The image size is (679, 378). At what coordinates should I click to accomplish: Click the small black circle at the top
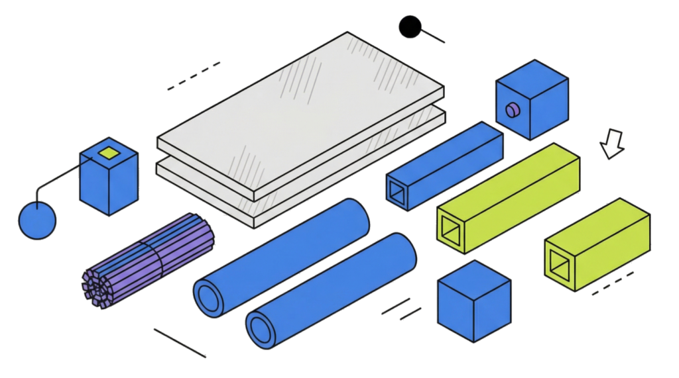click(410, 26)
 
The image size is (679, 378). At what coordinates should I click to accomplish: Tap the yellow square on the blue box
click(107, 154)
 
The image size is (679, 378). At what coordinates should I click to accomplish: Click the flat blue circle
click(38, 220)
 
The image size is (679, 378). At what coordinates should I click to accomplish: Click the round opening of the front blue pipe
click(262, 327)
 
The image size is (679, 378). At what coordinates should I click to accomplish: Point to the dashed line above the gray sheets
click(194, 75)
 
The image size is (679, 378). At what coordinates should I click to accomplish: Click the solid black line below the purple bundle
click(179, 342)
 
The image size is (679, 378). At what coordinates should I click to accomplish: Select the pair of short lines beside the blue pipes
click(401, 309)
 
